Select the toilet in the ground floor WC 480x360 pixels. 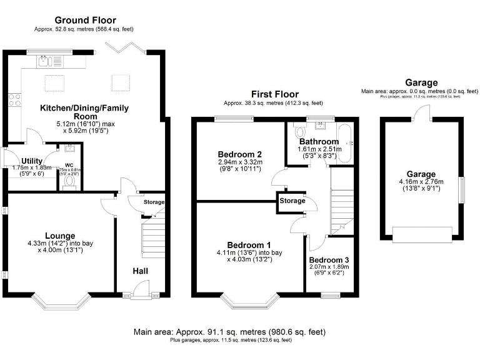pyautogui.click(x=69, y=181)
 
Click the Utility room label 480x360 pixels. pyautogui.click(x=31, y=161)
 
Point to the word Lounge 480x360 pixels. pyautogui.click(x=60, y=236)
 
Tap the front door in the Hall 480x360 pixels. pyautogui.click(x=141, y=289)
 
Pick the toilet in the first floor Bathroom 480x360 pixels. pyautogui.click(x=299, y=132)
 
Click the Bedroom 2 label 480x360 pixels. pyautogui.click(x=239, y=154)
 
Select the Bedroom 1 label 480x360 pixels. pyautogui.click(x=248, y=244)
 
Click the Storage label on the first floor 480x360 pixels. pyautogui.click(x=293, y=201)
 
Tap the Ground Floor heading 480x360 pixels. pyautogui.click(x=85, y=21)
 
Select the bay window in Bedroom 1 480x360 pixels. pyautogui.click(x=248, y=302)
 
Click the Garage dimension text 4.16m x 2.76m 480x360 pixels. pyautogui.click(x=422, y=181)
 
